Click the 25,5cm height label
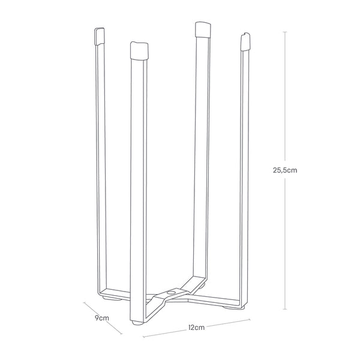pos(285,170)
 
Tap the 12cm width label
pos(196,327)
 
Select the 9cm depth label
pos(102,318)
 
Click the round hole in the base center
pos(171,292)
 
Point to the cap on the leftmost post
pos(100,37)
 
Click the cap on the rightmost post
pos(245,41)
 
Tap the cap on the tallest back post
pos(202,29)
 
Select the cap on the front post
pos(139,50)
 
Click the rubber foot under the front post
pos(137,323)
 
